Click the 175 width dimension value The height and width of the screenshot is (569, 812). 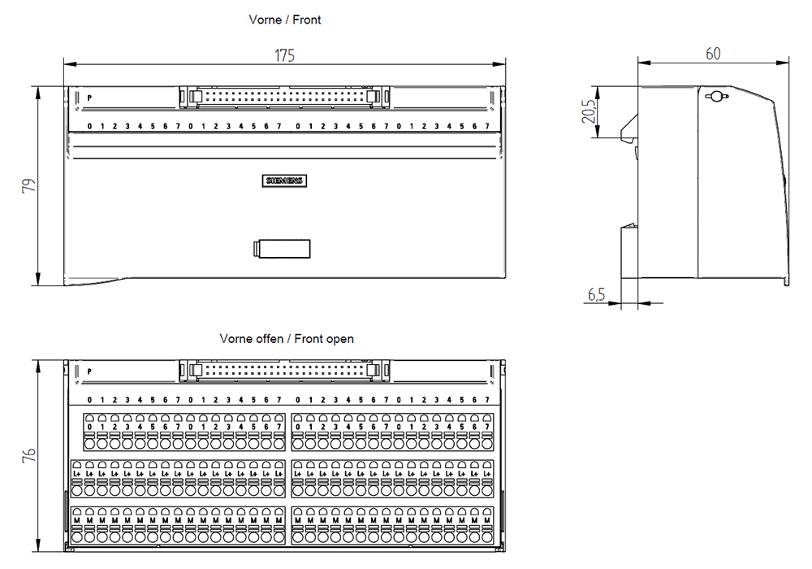(x=284, y=55)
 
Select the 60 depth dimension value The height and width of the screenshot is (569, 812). (x=713, y=54)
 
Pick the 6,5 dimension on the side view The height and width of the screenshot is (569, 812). (x=596, y=295)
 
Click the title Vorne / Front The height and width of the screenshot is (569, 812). (x=284, y=20)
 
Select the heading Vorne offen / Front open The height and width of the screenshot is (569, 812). (x=287, y=338)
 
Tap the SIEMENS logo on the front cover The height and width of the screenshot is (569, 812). (x=286, y=181)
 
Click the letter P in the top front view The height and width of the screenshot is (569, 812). (x=89, y=98)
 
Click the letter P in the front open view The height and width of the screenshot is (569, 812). (x=89, y=371)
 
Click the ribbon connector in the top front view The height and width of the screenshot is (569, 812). (x=283, y=98)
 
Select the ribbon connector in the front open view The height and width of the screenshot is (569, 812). (x=283, y=371)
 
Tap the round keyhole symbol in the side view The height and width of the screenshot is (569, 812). (x=715, y=97)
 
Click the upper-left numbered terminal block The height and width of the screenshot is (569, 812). (x=184, y=431)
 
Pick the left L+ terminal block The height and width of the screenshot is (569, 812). (x=179, y=478)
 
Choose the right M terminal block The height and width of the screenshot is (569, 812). (x=393, y=524)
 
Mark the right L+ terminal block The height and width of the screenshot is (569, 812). (x=393, y=478)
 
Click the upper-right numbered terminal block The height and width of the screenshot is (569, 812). (x=393, y=431)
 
